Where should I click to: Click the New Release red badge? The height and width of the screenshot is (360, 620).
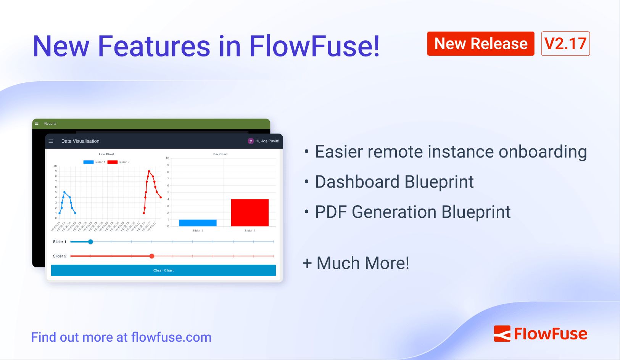(480, 43)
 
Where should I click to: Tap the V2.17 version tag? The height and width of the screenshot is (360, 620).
(565, 43)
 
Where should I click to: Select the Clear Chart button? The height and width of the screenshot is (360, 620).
(163, 270)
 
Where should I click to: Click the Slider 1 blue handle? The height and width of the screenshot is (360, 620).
(90, 242)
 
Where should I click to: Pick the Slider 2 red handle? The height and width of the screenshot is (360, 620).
(152, 256)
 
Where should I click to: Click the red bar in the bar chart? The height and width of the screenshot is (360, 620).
(250, 212)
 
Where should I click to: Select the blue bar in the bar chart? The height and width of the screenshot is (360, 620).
(197, 223)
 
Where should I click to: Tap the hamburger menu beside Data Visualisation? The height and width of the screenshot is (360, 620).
(51, 141)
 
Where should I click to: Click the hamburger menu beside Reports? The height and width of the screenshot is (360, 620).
(37, 124)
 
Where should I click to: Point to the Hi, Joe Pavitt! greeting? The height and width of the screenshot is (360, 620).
(267, 141)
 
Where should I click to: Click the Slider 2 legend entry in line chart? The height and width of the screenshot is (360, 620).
(118, 162)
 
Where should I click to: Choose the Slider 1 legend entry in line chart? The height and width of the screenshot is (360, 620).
(94, 162)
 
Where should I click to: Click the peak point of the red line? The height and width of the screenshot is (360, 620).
(149, 171)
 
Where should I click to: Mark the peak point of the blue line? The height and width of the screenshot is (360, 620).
(64, 192)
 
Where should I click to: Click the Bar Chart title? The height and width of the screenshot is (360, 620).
(220, 154)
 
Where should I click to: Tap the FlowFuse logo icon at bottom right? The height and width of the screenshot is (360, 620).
(502, 334)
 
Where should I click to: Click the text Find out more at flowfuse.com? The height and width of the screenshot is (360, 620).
(121, 337)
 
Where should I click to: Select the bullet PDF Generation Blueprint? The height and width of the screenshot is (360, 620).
(412, 212)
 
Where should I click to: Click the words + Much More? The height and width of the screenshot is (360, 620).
(356, 263)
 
